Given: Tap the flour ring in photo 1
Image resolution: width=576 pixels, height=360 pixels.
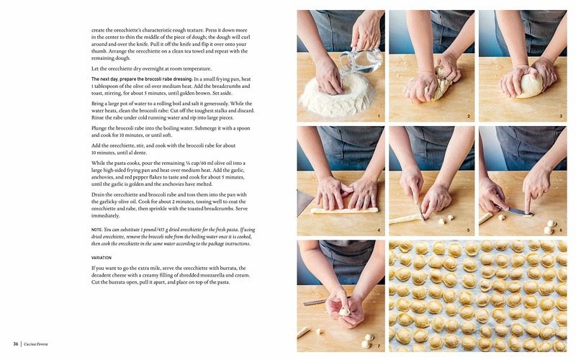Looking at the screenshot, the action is (x=338, y=97).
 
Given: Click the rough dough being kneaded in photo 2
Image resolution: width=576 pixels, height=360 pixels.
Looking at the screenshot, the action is (x=438, y=85).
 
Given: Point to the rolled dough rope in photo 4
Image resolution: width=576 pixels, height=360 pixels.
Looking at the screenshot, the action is (x=345, y=210).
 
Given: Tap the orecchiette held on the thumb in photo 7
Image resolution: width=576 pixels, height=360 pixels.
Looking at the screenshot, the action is (x=345, y=312).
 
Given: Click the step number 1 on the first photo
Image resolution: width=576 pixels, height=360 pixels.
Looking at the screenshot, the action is (x=379, y=116).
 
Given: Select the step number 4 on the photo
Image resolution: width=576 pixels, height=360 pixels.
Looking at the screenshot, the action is (x=379, y=230).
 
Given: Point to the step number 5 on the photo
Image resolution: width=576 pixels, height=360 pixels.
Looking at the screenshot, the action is (x=469, y=230).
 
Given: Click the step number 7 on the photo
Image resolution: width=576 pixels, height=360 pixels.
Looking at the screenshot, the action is (x=379, y=346).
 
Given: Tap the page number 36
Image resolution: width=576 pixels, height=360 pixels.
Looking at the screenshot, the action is (x=16, y=344).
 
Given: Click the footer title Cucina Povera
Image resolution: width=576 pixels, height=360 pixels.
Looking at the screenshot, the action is (x=35, y=344).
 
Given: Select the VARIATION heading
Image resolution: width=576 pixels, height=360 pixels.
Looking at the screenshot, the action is (x=102, y=258).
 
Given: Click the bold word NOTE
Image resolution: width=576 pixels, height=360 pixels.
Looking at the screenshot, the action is (x=96, y=230).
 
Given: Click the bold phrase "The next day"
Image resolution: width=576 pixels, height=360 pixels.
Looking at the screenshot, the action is (x=104, y=79).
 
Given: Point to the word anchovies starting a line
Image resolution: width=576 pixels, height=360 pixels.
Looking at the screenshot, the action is (x=102, y=177).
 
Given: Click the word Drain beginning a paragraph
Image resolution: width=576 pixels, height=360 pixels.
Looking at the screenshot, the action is (x=98, y=194).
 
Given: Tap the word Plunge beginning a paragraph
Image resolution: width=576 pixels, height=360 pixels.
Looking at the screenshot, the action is (x=99, y=128).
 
